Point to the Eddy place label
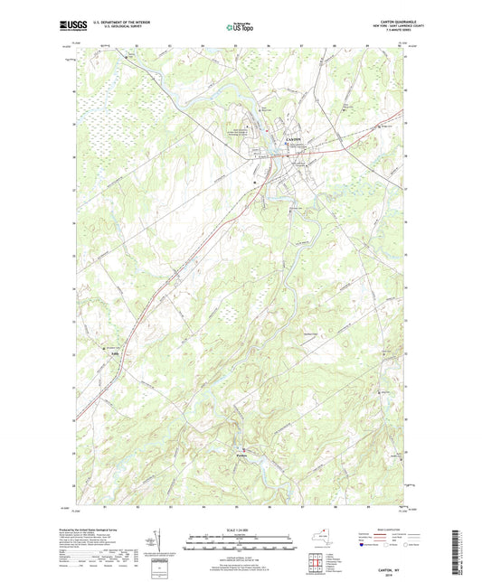[x=114, y=353]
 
